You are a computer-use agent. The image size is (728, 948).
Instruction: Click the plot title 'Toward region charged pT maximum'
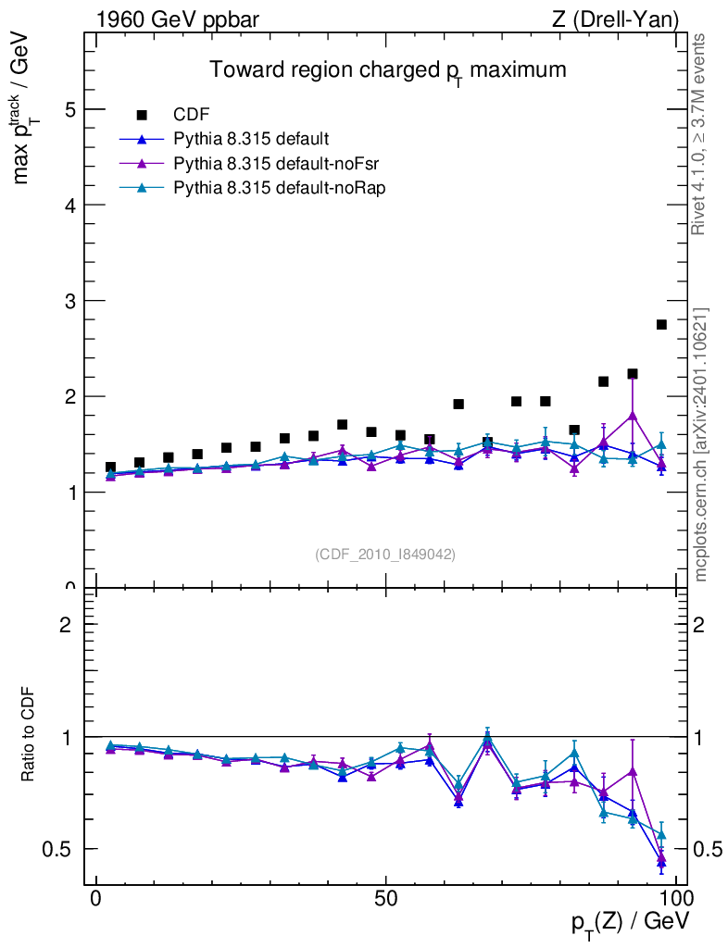pos(386,70)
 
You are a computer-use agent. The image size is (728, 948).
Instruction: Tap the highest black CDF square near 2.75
pos(661,324)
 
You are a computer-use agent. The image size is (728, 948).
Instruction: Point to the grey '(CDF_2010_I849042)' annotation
pos(385,554)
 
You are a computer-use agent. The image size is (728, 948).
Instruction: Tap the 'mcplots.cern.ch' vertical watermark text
pos(701,444)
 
